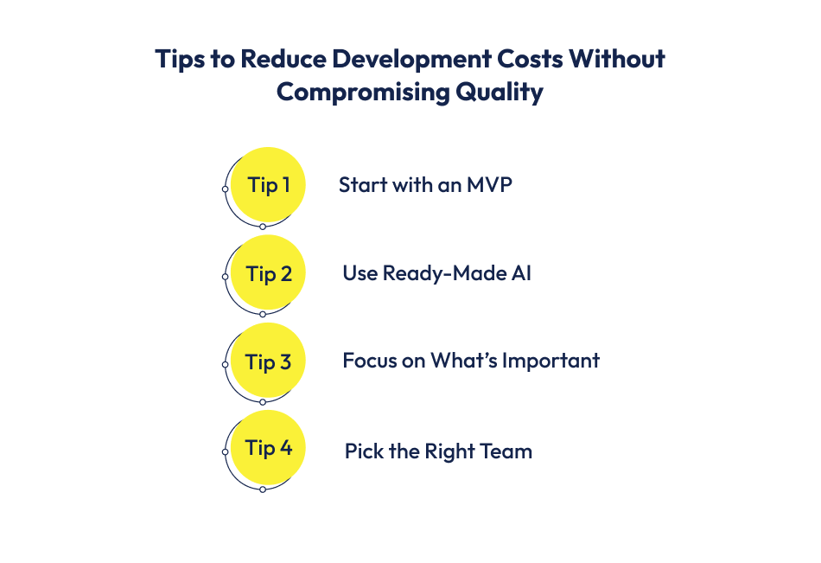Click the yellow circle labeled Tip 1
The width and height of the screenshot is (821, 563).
[x=269, y=184]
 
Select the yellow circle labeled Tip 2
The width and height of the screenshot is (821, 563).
[x=269, y=273]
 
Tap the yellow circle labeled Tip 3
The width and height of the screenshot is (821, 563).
[x=269, y=361]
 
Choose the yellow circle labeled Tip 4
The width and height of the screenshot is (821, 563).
[x=269, y=448]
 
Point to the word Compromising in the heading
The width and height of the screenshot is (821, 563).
[x=353, y=92]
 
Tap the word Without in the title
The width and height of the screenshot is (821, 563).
[x=621, y=59]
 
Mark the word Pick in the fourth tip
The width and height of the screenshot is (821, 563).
[x=361, y=451]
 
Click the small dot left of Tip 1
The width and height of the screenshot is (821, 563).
[x=225, y=189]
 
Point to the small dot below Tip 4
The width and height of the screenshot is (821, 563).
[x=263, y=489]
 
